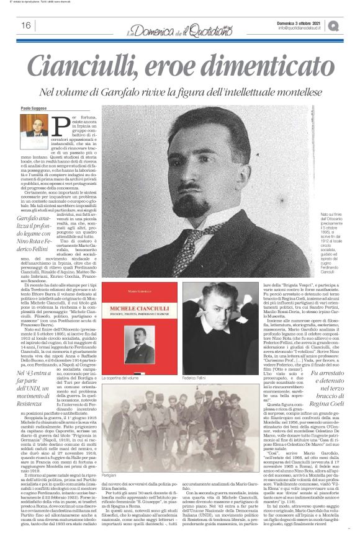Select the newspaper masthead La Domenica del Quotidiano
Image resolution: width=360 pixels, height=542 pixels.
(x=179, y=25)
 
